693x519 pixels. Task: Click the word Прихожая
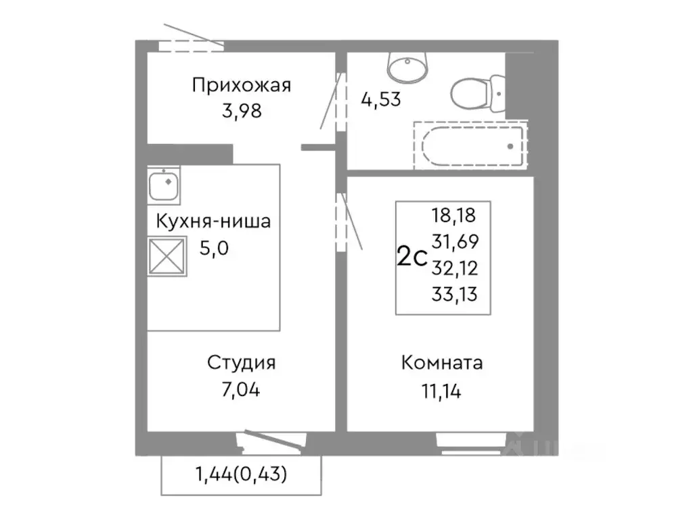click(x=241, y=86)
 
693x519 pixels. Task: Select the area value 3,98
click(x=241, y=110)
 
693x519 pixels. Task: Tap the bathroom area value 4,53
click(x=382, y=100)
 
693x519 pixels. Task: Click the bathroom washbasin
click(x=408, y=66)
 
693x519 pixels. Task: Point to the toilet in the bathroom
click(x=478, y=95)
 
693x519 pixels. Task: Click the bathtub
click(x=472, y=145)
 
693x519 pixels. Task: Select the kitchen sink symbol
click(x=164, y=184)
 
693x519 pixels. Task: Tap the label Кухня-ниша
click(x=213, y=222)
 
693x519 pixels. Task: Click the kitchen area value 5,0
click(x=214, y=248)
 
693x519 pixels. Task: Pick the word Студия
click(x=241, y=363)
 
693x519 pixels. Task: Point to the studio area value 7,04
click(x=241, y=390)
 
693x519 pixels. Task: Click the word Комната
click(x=441, y=363)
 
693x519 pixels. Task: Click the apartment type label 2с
click(x=411, y=257)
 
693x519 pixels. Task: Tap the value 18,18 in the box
click(x=453, y=216)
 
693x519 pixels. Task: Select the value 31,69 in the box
click(x=453, y=242)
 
